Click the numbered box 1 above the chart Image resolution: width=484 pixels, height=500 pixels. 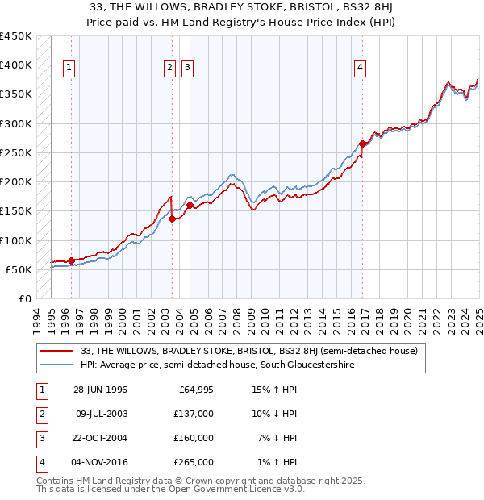click(70, 69)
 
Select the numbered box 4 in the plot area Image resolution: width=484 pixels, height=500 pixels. click(359, 69)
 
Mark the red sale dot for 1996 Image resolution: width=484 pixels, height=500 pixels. click(71, 260)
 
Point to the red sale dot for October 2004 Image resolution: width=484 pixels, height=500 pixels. click(190, 205)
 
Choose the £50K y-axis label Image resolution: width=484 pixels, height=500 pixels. click(19, 269)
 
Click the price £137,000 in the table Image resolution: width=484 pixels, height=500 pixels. click(194, 414)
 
